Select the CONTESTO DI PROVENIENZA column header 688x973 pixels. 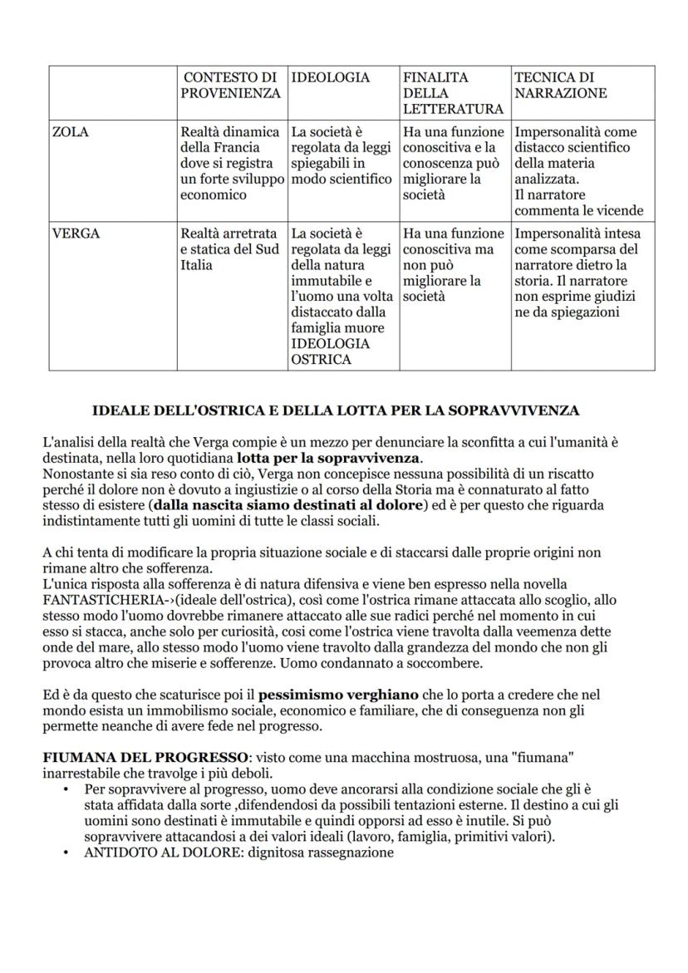click(x=230, y=86)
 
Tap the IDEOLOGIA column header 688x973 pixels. click(x=329, y=78)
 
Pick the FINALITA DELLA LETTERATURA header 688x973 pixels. click(x=453, y=93)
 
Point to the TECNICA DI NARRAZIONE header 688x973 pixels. click(x=562, y=86)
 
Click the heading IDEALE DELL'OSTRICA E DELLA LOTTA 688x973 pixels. click(x=336, y=410)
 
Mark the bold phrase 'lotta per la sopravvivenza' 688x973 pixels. click(x=328, y=458)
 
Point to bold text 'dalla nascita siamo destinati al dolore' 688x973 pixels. click(x=288, y=505)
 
